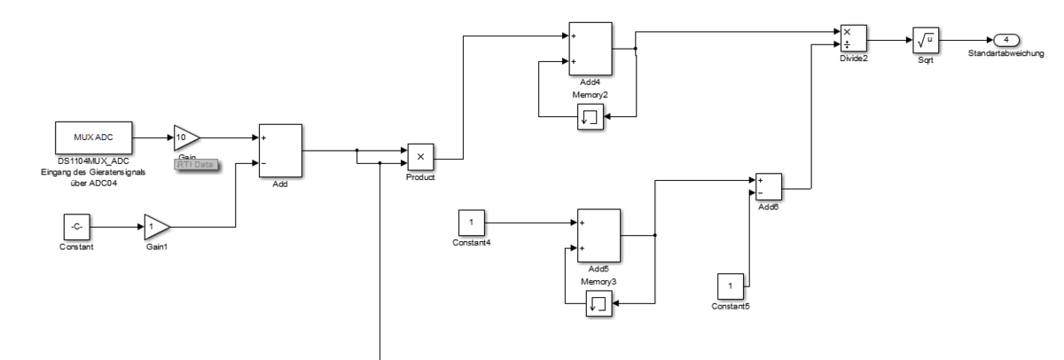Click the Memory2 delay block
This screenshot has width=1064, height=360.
pos(591,117)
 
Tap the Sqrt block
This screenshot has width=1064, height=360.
pos(926,40)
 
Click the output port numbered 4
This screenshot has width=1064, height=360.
pos(1006,40)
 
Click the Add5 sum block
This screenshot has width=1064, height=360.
pos(598,235)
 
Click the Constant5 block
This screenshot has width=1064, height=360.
pos(731,287)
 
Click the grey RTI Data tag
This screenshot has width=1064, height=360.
pos(195,165)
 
